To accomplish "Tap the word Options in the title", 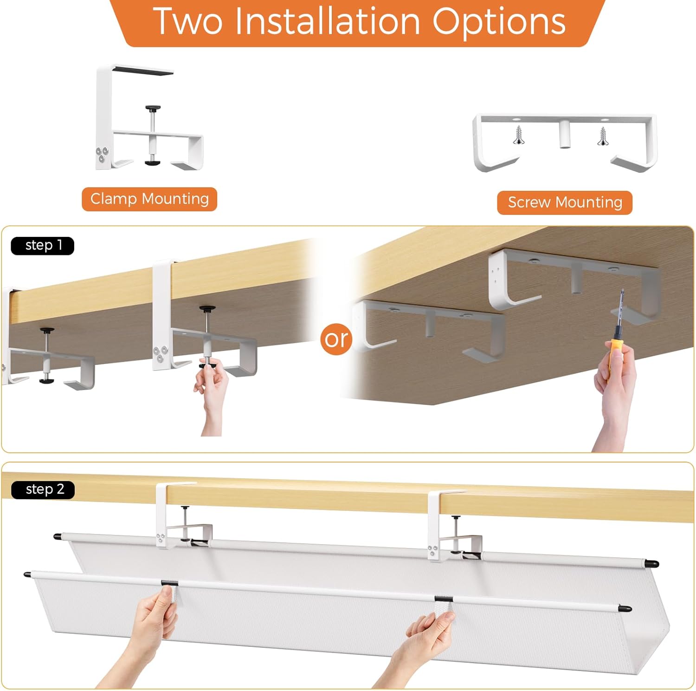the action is [499, 22].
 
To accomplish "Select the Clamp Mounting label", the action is [149, 199].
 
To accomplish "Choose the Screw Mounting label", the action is [565, 202].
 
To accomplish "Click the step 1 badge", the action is [43, 245].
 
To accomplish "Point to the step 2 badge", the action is [43, 489].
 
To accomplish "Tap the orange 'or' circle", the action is [336, 339].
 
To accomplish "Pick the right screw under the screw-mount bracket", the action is [602, 136].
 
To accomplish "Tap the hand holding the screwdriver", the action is [615, 395].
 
